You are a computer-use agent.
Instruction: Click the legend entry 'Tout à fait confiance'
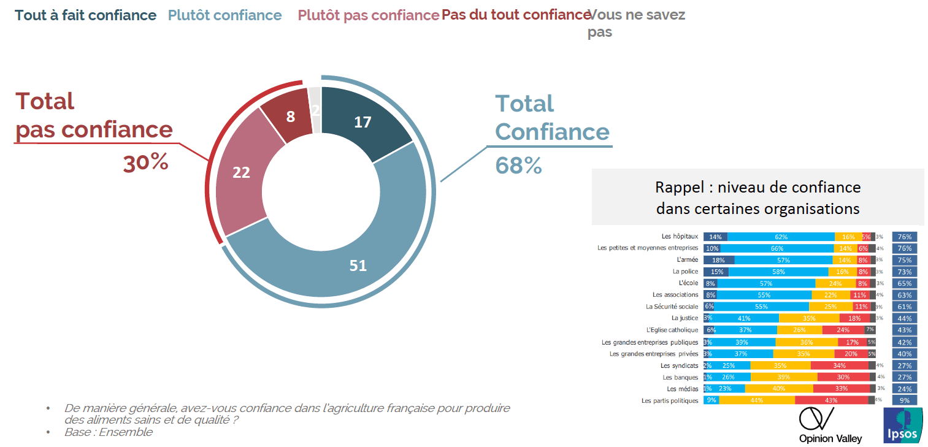(86, 15)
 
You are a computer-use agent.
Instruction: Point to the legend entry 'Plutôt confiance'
(225, 15)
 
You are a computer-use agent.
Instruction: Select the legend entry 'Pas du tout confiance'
(515, 15)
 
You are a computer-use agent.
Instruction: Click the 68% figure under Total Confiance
(519, 165)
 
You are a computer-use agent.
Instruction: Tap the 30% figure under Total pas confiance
(145, 163)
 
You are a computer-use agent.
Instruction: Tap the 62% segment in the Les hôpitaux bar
(781, 237)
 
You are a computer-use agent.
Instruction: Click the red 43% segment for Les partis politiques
(831, 400)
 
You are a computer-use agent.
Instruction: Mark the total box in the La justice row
(905, 318)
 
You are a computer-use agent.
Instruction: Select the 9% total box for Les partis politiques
(905, 400)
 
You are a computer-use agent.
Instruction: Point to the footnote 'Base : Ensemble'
(109, 432)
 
